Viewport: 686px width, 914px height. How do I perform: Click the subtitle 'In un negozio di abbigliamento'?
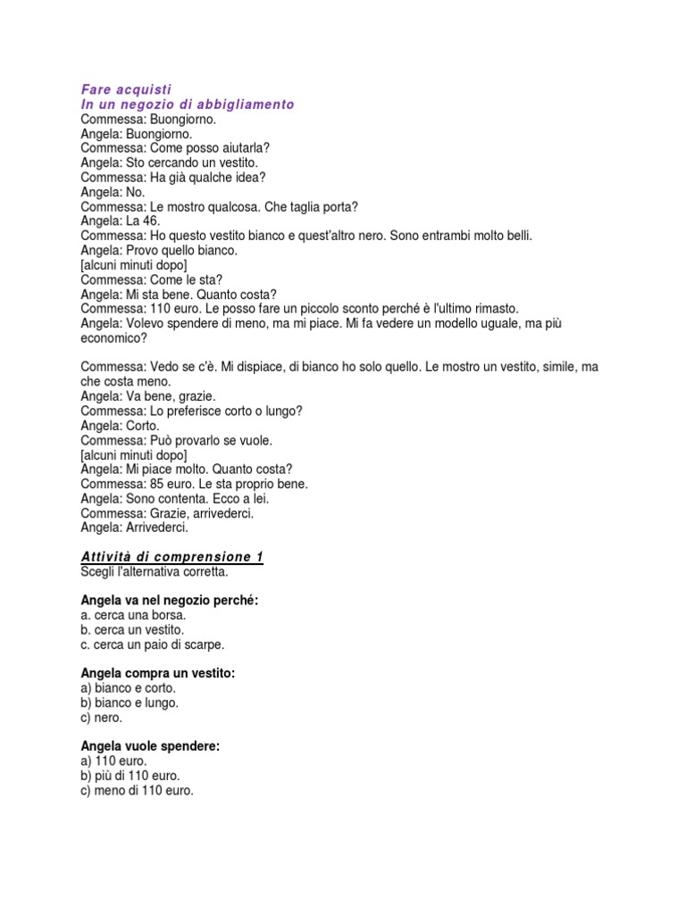click(x=187, y=104)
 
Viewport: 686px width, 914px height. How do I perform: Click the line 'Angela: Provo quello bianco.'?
click(x=159, y=251)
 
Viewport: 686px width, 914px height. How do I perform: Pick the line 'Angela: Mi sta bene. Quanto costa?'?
click(x=179, y=295)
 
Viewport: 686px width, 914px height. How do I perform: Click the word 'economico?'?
click(x=113, y=338)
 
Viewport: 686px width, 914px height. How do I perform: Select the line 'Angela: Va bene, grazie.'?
click(x=148, y=396)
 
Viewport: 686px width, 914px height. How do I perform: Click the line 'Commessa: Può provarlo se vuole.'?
click(x=177, y=441)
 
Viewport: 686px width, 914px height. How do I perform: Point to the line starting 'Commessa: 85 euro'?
click(x=194, y=484)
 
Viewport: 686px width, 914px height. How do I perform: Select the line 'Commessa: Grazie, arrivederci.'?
click(x=167, y=513)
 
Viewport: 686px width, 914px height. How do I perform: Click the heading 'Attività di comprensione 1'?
click(x=171, y=557)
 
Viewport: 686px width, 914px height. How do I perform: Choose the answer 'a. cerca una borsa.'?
click(x=133, y=615)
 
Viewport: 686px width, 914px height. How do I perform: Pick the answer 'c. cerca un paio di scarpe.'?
click(x=153, y=644)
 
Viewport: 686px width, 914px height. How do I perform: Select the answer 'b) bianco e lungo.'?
click(x=130, y=702)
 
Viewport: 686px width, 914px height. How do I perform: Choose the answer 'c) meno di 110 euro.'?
click(x=137, y=790)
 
